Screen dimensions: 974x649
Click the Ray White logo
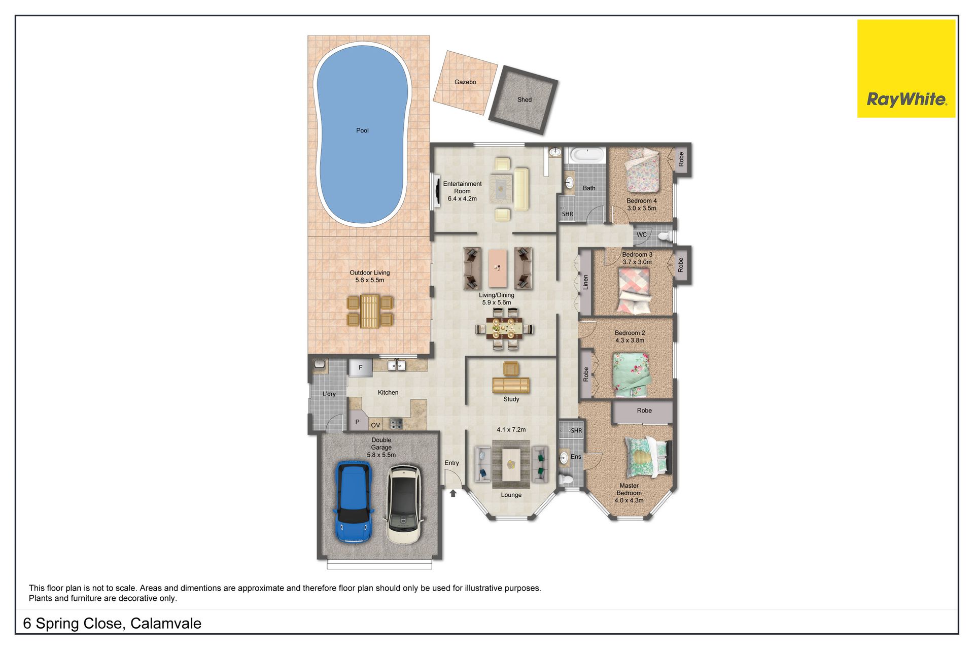[906, 69]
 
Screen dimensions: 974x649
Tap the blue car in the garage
[354, 502]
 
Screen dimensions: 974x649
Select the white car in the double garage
[403, 505]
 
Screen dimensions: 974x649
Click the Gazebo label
[465, 82]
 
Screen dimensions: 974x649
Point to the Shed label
[525, 100]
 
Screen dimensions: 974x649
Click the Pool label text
[362, 130]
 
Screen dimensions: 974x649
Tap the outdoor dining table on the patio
[369, 311]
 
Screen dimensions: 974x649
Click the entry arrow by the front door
[453, 493]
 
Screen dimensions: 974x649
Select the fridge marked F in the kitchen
[360, 367]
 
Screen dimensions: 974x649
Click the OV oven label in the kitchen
[375, 425]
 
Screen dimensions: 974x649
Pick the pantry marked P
[358, 422]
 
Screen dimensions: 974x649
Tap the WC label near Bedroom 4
[642, 235]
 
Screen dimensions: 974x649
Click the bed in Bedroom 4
[642, 170]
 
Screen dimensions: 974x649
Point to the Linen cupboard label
[585, 282]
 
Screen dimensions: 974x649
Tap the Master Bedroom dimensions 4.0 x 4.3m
[629, 500]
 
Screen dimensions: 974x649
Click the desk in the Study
[511, 385]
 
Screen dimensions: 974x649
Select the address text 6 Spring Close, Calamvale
[112, 624]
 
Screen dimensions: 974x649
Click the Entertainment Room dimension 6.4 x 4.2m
[462, 199]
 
